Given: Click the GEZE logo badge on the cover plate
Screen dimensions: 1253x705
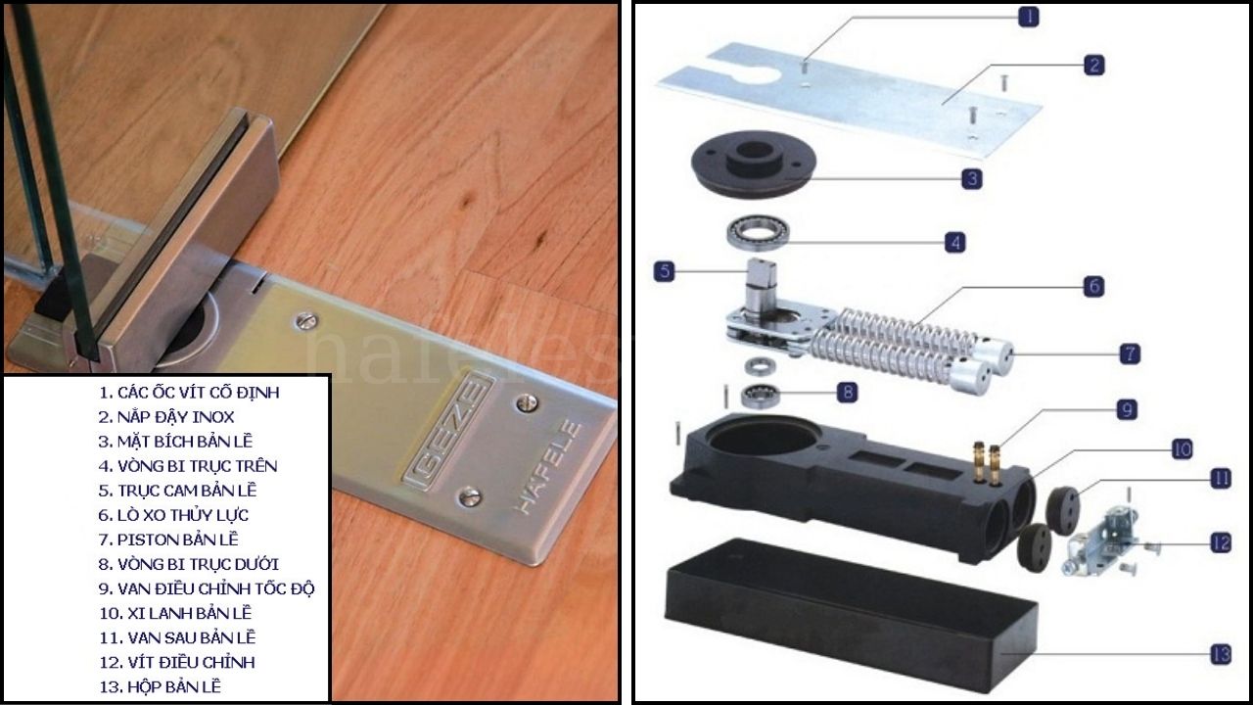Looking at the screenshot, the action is pos(450,430).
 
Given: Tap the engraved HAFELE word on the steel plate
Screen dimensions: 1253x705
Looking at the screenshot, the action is pos(547,467).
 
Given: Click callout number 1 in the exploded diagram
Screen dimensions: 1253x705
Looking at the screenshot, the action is pos(1028,17).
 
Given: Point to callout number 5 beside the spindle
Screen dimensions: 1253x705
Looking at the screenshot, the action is pos(665,271).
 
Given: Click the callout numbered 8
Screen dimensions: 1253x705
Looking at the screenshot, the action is pos(848,392).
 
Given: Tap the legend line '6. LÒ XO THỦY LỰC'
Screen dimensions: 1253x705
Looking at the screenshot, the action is pos(173,515).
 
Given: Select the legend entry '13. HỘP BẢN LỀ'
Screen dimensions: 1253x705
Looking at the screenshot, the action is pos(160,686).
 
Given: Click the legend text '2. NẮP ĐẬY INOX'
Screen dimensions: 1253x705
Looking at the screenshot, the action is pos(166,417).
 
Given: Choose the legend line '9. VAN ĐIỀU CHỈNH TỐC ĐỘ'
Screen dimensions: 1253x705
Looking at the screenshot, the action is pos(207,588).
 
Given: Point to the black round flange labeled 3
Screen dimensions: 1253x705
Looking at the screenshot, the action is pos(754,164).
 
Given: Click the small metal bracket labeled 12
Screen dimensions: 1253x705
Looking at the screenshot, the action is pos(1103,539).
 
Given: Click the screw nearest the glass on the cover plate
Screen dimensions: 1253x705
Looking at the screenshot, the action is pos(306,320).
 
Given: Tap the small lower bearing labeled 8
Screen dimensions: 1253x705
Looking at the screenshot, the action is pos(756,397).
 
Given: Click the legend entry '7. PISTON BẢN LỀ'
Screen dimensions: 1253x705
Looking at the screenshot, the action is pos(168,540).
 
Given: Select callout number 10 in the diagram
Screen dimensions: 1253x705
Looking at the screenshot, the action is pos(1183,449).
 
